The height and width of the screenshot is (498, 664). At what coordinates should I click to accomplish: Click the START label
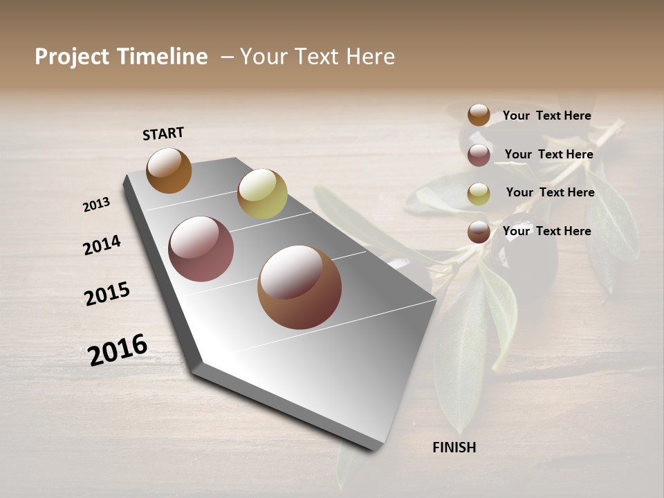[163, 133]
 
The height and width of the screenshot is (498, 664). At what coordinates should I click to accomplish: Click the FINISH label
[454, 448]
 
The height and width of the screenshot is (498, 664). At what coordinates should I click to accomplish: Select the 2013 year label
[97, 204]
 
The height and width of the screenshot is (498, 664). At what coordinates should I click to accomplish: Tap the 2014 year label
[102, 245]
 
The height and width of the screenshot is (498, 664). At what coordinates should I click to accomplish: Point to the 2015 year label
[107, 294]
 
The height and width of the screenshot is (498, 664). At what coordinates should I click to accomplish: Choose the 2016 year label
[118, 349]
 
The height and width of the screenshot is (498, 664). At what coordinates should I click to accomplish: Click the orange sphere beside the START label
[169, 170]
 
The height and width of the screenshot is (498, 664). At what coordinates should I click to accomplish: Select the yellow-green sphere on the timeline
[262, 194]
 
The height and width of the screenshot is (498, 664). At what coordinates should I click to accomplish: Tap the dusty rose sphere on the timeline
[201, 249]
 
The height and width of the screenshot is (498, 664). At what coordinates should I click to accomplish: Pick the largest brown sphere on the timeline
[299, 287]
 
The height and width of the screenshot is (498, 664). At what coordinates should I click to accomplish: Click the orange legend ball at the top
[479, 115]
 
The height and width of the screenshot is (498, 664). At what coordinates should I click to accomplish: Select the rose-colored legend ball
[479, 155]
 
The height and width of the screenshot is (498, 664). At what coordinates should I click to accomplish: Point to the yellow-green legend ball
[479, 194]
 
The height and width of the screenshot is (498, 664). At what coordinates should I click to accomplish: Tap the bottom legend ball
[479, 232]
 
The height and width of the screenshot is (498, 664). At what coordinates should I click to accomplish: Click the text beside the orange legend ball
[546, 116]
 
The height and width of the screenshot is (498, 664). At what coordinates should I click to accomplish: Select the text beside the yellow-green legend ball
[550, 192]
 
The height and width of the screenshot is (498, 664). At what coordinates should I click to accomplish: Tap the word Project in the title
[73, 57]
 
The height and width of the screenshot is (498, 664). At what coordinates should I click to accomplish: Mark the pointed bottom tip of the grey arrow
[374, 449]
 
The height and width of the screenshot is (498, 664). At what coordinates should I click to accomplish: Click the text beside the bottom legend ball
[546, 231]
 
